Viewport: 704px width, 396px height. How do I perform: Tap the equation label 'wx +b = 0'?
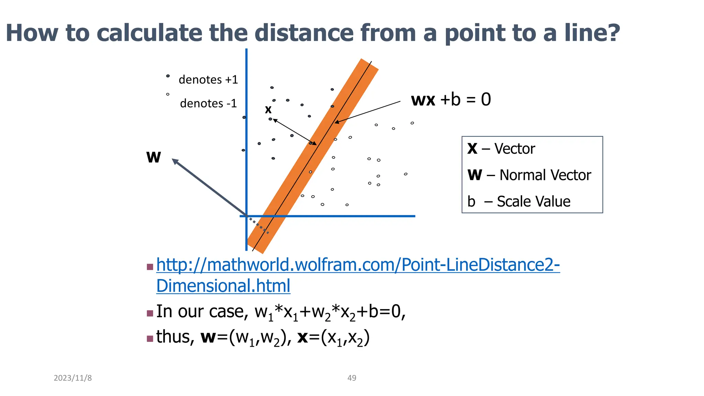[x=451, y=100]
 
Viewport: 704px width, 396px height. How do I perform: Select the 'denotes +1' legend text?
[x=208, y=80]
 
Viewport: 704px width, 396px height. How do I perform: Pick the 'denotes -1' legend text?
[x=208, y=103]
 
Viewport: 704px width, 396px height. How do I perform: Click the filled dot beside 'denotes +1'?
[x=168, y=76]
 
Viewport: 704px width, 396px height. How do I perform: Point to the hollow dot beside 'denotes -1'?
[x=168, y=94]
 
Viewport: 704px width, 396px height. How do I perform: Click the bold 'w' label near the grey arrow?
[x=153, y=157]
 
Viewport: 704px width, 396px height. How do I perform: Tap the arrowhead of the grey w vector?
[x=175, y=161]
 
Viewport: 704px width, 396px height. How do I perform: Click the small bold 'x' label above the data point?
[x=268, y=110]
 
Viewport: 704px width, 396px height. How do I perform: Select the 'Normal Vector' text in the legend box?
[x=545, y=175]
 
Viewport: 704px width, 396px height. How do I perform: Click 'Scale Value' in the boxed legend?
[x=533, y=201]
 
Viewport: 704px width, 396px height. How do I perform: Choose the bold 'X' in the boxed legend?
[x=472, y=149]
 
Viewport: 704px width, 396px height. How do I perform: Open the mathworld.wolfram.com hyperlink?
[x=357, y=265]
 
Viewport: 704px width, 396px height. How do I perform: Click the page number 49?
[x=352, y=378]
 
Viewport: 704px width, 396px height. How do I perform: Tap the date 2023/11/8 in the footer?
[x=73, y=378]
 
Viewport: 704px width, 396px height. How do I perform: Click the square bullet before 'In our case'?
[x=150, y=313]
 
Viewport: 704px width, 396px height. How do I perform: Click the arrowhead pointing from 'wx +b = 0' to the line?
[x=337, y=122]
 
